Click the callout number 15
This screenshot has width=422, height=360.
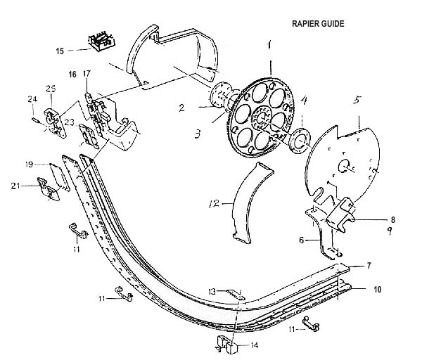(60, 50)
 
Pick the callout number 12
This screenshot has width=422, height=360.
(216, 204)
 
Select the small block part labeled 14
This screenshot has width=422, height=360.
(224, 344)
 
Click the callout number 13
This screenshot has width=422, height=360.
(212, 291)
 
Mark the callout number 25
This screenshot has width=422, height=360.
(51, 89)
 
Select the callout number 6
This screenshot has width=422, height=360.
(302, 240)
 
